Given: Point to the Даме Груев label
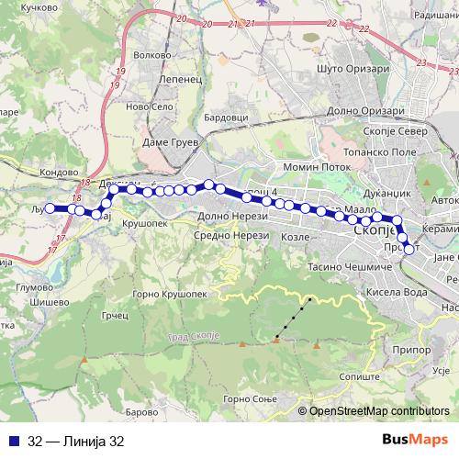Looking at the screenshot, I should [x=165, y=143].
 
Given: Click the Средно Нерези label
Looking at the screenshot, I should [x=229, y=235].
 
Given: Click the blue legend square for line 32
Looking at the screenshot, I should [x=10, y=441].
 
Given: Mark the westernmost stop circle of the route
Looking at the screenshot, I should [x=50, y=208].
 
